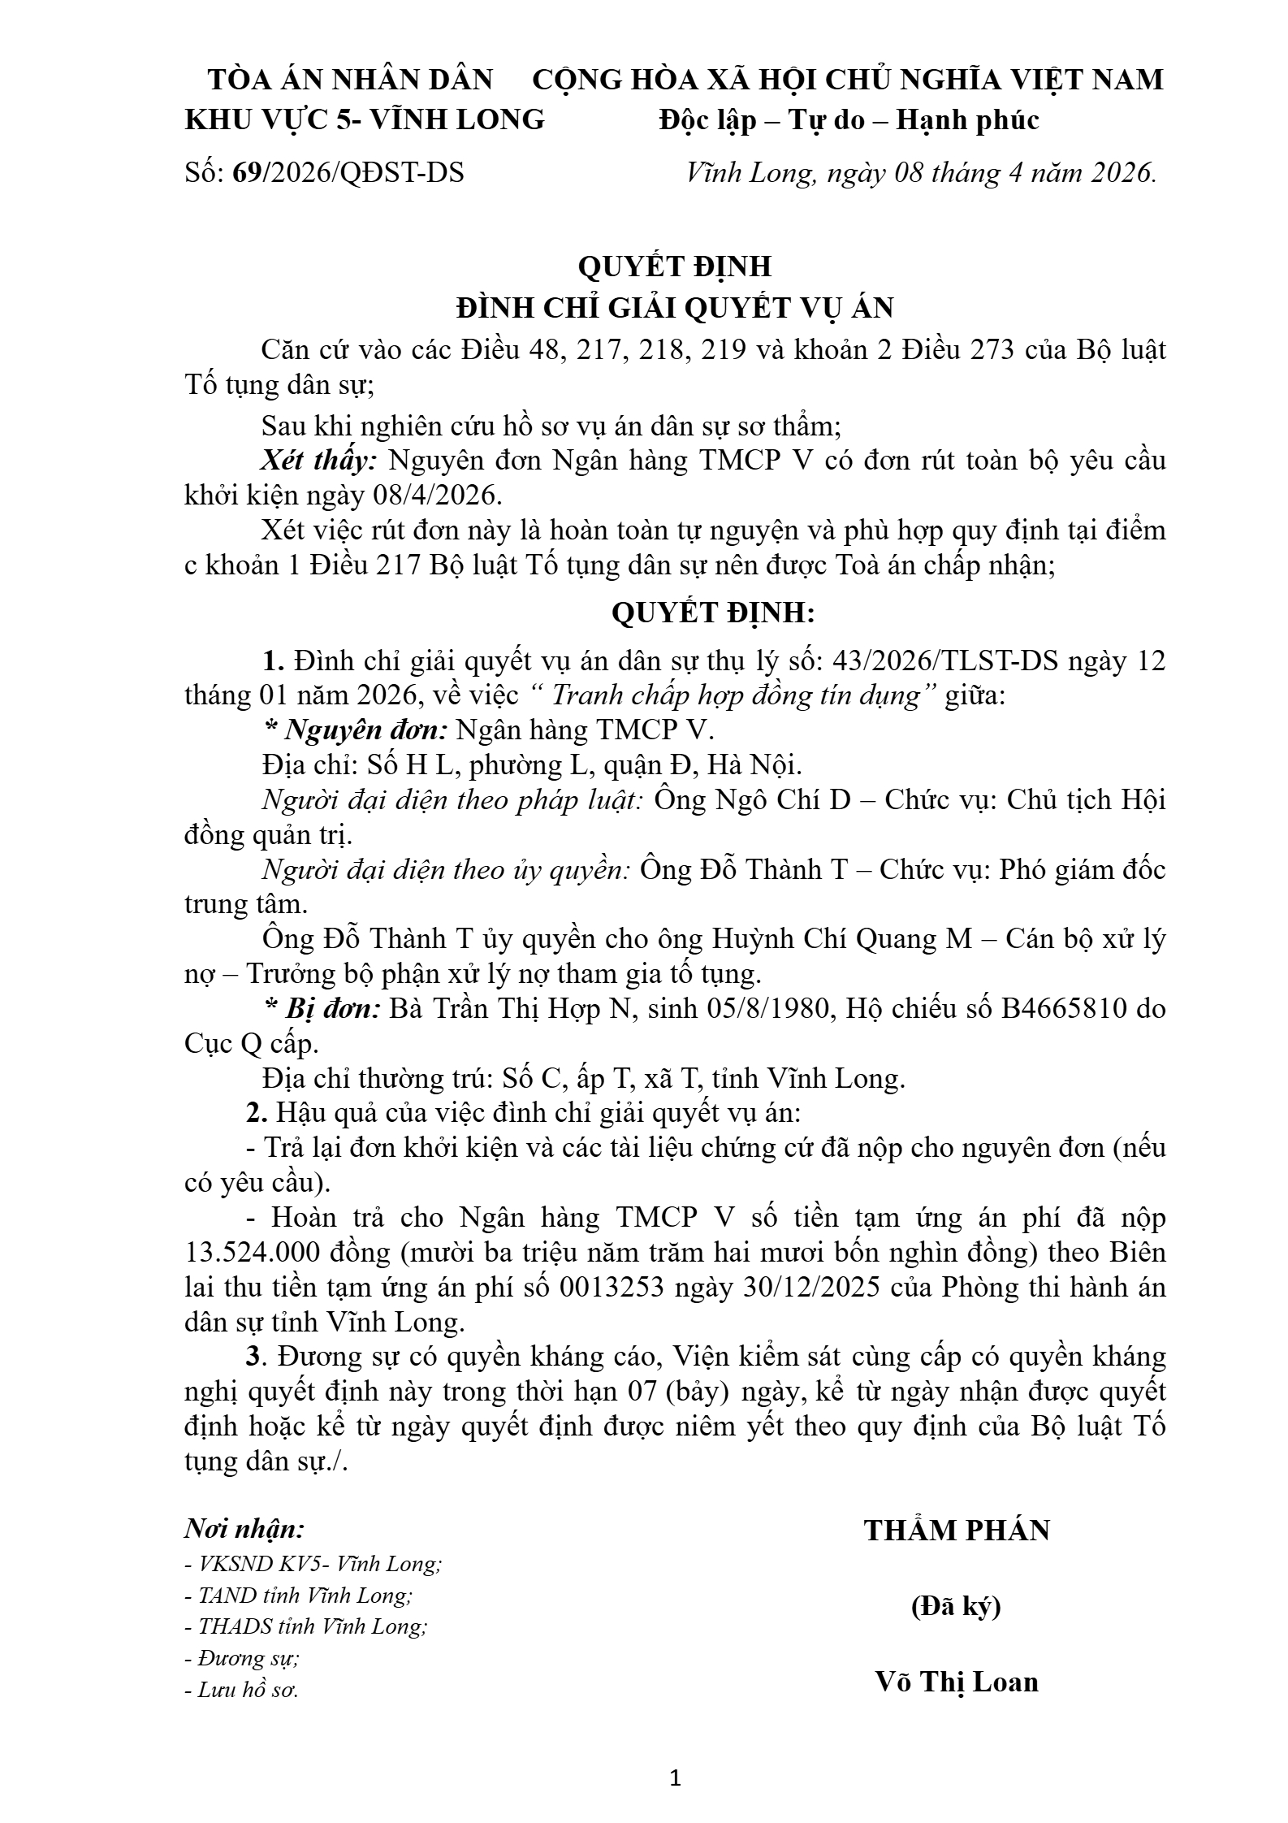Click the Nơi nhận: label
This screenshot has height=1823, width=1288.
coord(244,1529)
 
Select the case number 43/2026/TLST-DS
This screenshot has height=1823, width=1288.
coord(942,661)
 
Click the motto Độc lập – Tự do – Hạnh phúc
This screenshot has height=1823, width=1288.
coord(849,120)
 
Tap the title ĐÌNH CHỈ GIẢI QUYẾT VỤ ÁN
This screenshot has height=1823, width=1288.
coord(675,308)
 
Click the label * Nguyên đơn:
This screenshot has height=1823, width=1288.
coord(356,730)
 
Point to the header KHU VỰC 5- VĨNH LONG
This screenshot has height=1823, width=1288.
coord(365,120)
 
